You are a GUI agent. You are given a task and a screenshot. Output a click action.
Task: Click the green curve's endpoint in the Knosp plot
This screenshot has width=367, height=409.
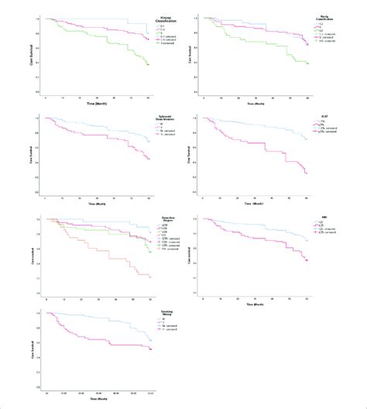pyautogui.click(x=149, y=65)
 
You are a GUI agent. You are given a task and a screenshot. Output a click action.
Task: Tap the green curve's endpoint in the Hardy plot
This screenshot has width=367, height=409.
pyautogui.click(x=307, y=64)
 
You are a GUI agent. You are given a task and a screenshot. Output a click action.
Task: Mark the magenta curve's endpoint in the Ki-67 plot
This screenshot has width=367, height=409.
pyautogui.click(x=307, y=174)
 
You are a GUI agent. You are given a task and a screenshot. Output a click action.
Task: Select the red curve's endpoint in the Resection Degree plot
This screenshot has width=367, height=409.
pyautogui.click(x=149, y=277)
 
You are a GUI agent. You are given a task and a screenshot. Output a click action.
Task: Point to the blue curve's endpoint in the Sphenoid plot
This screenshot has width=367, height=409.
pyautogui.click(x=149, y=141)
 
